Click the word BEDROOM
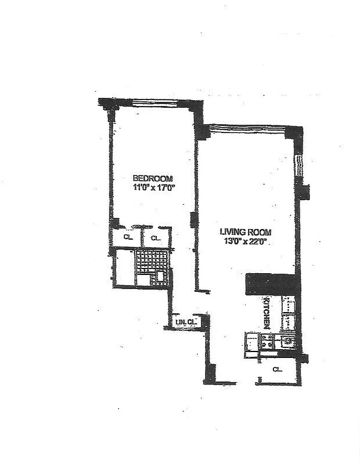[x=152, y=178]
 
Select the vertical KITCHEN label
[x=266, y=311]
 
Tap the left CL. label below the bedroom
[x=128, y=238]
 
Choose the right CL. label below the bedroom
[x=155, y=238]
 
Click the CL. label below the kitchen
[x=276, y=369]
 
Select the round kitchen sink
[x=288, y=340]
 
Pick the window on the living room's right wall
[x=299, y=166]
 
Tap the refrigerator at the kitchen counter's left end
[x=252, y=341]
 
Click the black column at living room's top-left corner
[x=202, y=131]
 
